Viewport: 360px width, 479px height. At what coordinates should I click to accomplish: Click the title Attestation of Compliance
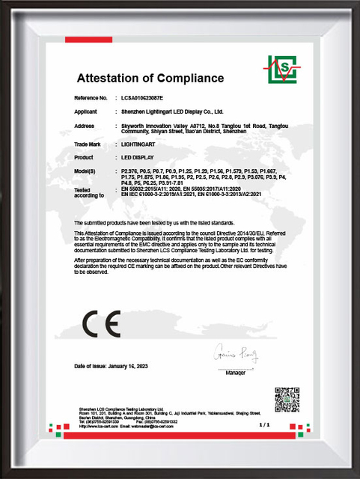click(x=150, y=78)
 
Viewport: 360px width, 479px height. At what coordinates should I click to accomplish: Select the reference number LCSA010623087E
click(x=141, y=98)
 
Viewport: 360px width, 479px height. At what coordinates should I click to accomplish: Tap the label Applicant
click(x=86, y=111)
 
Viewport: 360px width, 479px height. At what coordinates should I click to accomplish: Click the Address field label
click(x=84, y=125)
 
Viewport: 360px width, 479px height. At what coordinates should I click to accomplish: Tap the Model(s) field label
click(x=87, y=171)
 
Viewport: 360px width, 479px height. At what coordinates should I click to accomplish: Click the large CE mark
click(x=100, y=324)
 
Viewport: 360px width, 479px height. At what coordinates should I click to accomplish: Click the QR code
click(x=287, y=400)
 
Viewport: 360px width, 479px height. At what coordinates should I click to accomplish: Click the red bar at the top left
click(x=94, y=39)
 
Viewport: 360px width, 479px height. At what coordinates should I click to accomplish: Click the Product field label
click(x=84, y=157)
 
